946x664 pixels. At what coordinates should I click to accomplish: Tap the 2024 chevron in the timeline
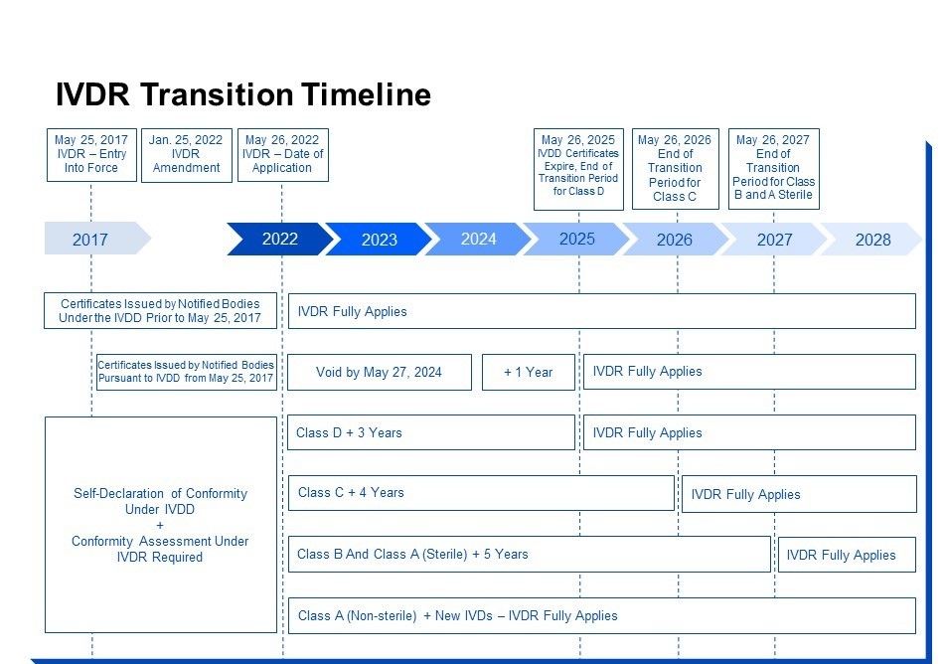[478, 239]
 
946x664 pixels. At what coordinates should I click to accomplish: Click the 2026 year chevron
[675, 239]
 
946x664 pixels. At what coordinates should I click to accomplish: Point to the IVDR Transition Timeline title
[243, 94]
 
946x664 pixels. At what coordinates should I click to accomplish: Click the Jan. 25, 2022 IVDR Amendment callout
[187, 155]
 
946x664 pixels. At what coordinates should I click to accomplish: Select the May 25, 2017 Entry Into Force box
[91, 154]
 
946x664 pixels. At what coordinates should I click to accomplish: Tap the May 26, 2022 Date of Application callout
[283, 154]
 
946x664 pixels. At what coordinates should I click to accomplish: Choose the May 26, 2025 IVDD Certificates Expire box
[578, 169]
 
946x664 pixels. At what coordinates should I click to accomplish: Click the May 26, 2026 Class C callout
[675, 169]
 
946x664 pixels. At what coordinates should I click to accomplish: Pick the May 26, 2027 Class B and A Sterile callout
[774, 169]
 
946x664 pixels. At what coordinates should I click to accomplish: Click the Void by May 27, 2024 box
[380, 372]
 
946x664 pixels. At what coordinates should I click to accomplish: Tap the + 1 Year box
[529, 372]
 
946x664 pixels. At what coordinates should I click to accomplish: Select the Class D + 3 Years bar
[431, 432]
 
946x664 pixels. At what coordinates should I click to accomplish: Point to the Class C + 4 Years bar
[481, 493]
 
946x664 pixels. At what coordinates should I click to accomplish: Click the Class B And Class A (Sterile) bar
[530, 554]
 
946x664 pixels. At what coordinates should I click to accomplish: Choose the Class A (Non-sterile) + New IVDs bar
[602, 615]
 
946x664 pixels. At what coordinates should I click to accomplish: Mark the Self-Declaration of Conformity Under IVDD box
[161, 525]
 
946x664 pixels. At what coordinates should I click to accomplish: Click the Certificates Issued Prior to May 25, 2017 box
[161, 311]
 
